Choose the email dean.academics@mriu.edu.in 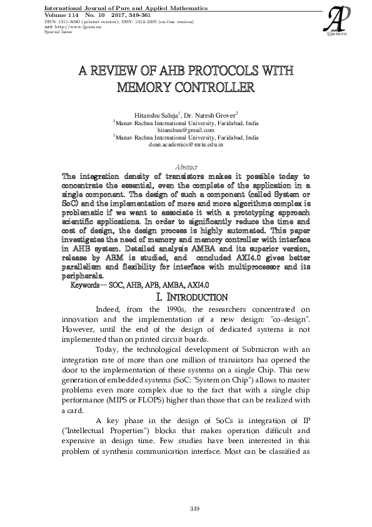(186, 144)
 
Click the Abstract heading (186, 167)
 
